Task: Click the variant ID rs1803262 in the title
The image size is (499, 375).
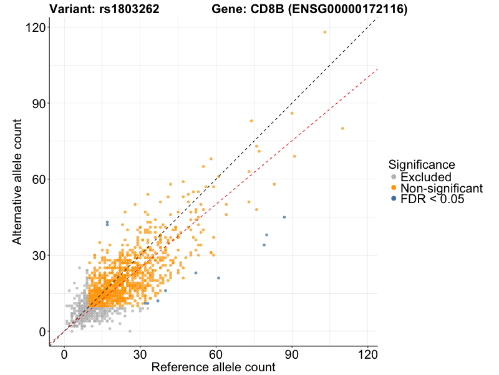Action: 128,9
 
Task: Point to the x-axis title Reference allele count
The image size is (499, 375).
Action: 213,367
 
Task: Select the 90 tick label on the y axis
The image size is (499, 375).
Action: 36,103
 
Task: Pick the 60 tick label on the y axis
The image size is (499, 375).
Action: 36,179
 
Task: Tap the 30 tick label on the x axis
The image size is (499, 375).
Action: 140,353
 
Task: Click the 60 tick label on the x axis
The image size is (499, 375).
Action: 216,353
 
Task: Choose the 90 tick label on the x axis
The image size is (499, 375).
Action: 292,353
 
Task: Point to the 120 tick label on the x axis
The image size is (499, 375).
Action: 367,353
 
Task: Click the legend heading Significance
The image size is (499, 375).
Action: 422,164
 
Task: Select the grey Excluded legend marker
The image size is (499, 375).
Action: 393,177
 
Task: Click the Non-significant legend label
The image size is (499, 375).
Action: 442,188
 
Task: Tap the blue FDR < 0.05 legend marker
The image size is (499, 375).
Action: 393,199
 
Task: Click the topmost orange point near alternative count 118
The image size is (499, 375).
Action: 325,32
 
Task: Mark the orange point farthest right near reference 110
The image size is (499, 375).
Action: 342,128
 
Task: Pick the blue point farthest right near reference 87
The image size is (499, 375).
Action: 284,217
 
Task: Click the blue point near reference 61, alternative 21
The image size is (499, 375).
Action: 218,277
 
